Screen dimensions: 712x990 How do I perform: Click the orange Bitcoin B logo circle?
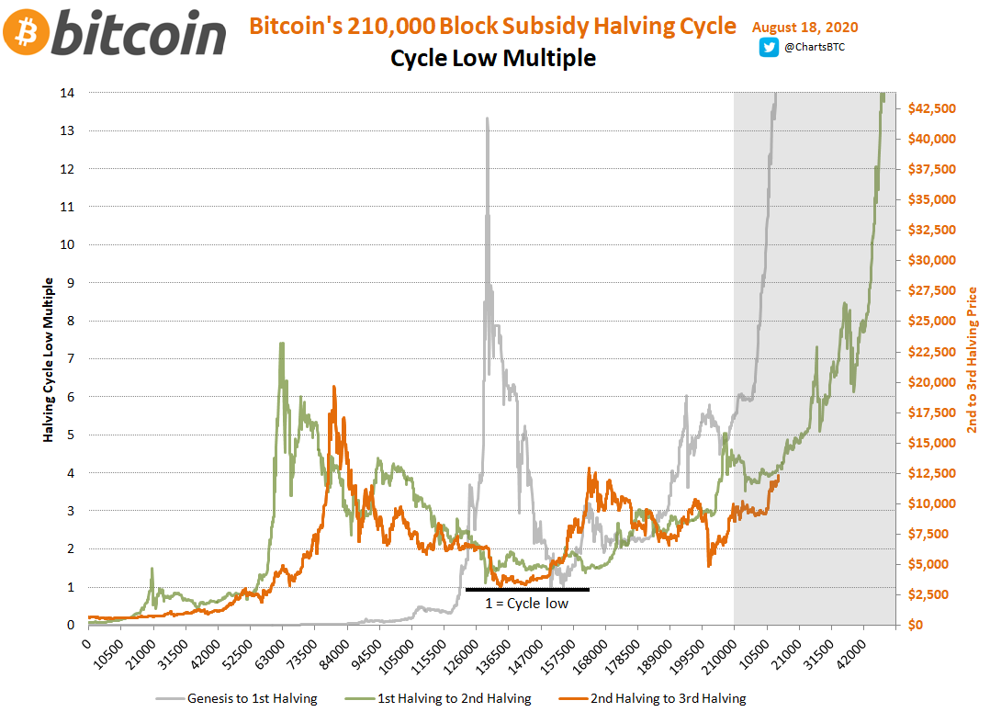click(25, 33)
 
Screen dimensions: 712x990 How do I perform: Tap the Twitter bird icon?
click(769, 48)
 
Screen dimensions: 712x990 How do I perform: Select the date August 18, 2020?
click(804, 28)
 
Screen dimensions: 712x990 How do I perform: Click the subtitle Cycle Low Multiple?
click(493, 58)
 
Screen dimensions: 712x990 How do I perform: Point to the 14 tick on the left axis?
click(69, 93)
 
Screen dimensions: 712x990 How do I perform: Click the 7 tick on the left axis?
click(72, 359)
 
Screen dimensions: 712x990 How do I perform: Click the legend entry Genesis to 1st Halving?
click(251, 698)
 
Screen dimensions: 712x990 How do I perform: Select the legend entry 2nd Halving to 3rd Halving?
click(668, 698)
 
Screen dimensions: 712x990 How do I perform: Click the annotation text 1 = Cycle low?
click(526, 604)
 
